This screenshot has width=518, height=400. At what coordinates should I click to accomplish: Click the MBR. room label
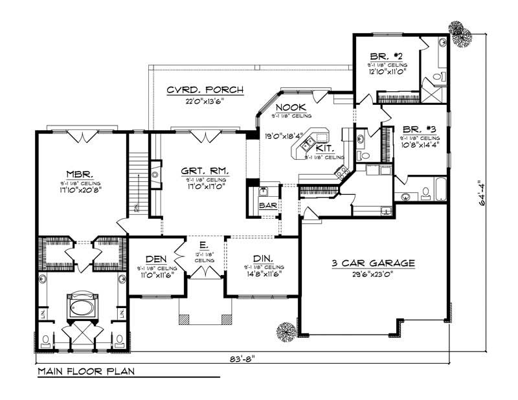(x=82, y=174)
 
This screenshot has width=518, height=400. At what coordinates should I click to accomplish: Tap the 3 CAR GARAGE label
(x=372, y=263)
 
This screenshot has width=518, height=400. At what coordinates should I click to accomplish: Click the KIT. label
(x=324, y=148)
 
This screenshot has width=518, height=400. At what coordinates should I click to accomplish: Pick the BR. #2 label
(x=387, y=56)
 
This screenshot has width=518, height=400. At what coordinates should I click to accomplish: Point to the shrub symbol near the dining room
(x=286, y=331)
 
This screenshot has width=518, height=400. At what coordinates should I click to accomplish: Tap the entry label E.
(x=203, y=246)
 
